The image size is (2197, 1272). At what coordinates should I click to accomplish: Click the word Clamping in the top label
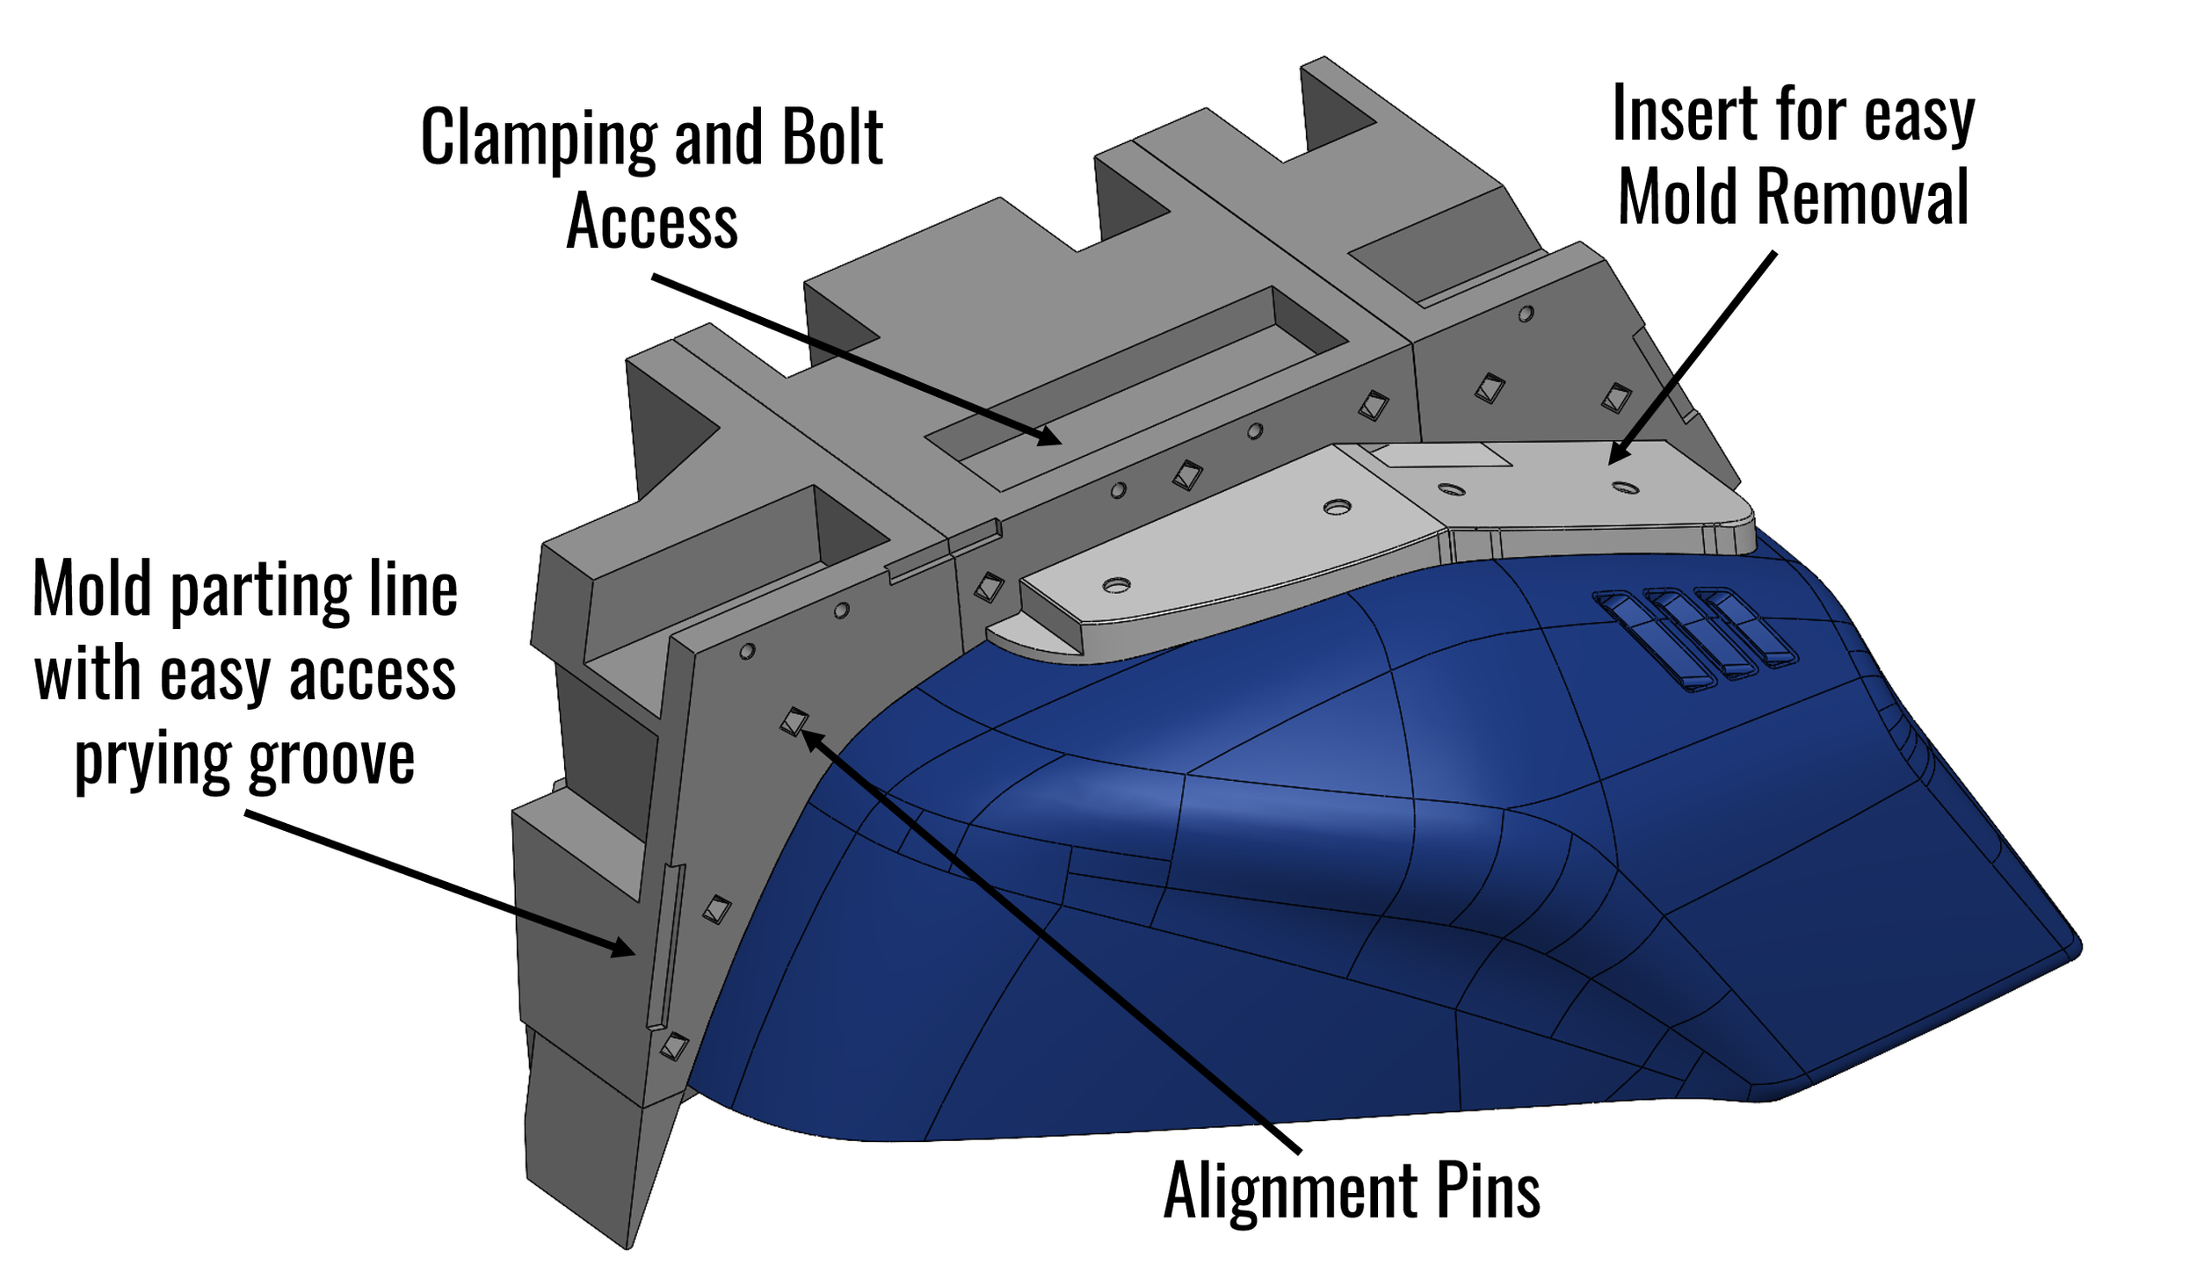(538, 138)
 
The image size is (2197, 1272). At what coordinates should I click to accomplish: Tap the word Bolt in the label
(831, 138)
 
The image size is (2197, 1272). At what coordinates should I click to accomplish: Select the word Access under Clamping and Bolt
(651, 221)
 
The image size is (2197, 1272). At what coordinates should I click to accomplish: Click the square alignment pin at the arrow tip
(793, 722)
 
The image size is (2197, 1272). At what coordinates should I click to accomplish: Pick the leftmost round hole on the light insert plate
(1115, 584)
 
